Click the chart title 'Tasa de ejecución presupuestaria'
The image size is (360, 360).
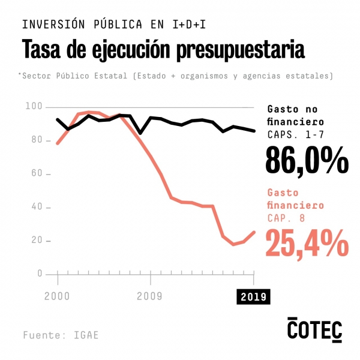click(x=163, y=49)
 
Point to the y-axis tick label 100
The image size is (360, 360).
click(x=34, y=106)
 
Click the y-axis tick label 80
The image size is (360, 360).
click(x=36, y=140)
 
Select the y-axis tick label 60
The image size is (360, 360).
click(x=36, y=173)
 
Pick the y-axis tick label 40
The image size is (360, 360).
click(x=36, y=207)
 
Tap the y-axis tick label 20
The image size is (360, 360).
click(x=36, y=241)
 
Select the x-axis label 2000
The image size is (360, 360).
click(x=56, y=296)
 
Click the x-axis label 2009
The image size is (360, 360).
click(x=151, y=296)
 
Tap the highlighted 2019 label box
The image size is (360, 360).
click(x=253, y=296)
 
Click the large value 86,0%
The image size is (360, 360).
click(x=307, y=160)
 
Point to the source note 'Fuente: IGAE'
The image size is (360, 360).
click(x=61, y=335)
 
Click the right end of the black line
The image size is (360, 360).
click(x=254, y=130)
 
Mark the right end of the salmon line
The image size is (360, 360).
click(x=254, y=232)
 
